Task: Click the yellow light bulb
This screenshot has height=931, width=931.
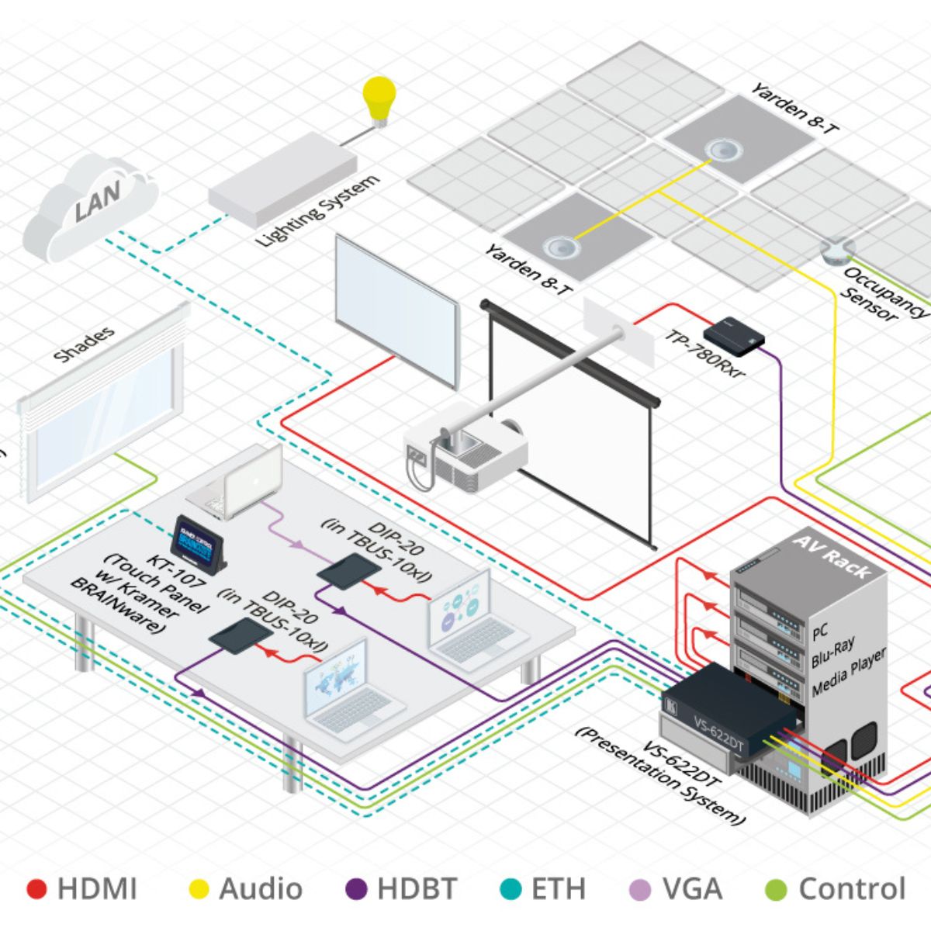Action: pos(379,99)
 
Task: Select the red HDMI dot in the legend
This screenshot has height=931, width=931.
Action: pos(36,889)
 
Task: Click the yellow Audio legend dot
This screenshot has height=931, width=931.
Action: pos(199,889)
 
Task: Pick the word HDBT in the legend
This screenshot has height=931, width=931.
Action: pos(417,889)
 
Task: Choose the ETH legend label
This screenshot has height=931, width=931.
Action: pos(558,889)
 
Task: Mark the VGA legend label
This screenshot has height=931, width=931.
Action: pos(692,889)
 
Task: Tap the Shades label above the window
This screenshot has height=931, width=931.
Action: pos(85,344)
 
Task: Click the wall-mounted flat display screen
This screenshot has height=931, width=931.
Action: pos(396,310)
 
